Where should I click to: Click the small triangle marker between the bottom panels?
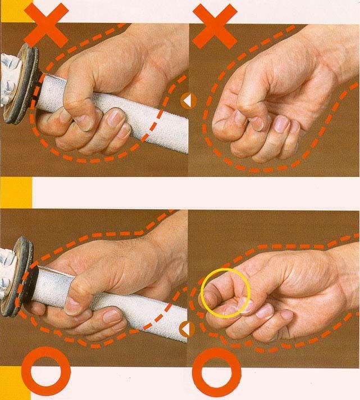point(184,330)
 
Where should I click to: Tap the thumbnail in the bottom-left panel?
point(72,304)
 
